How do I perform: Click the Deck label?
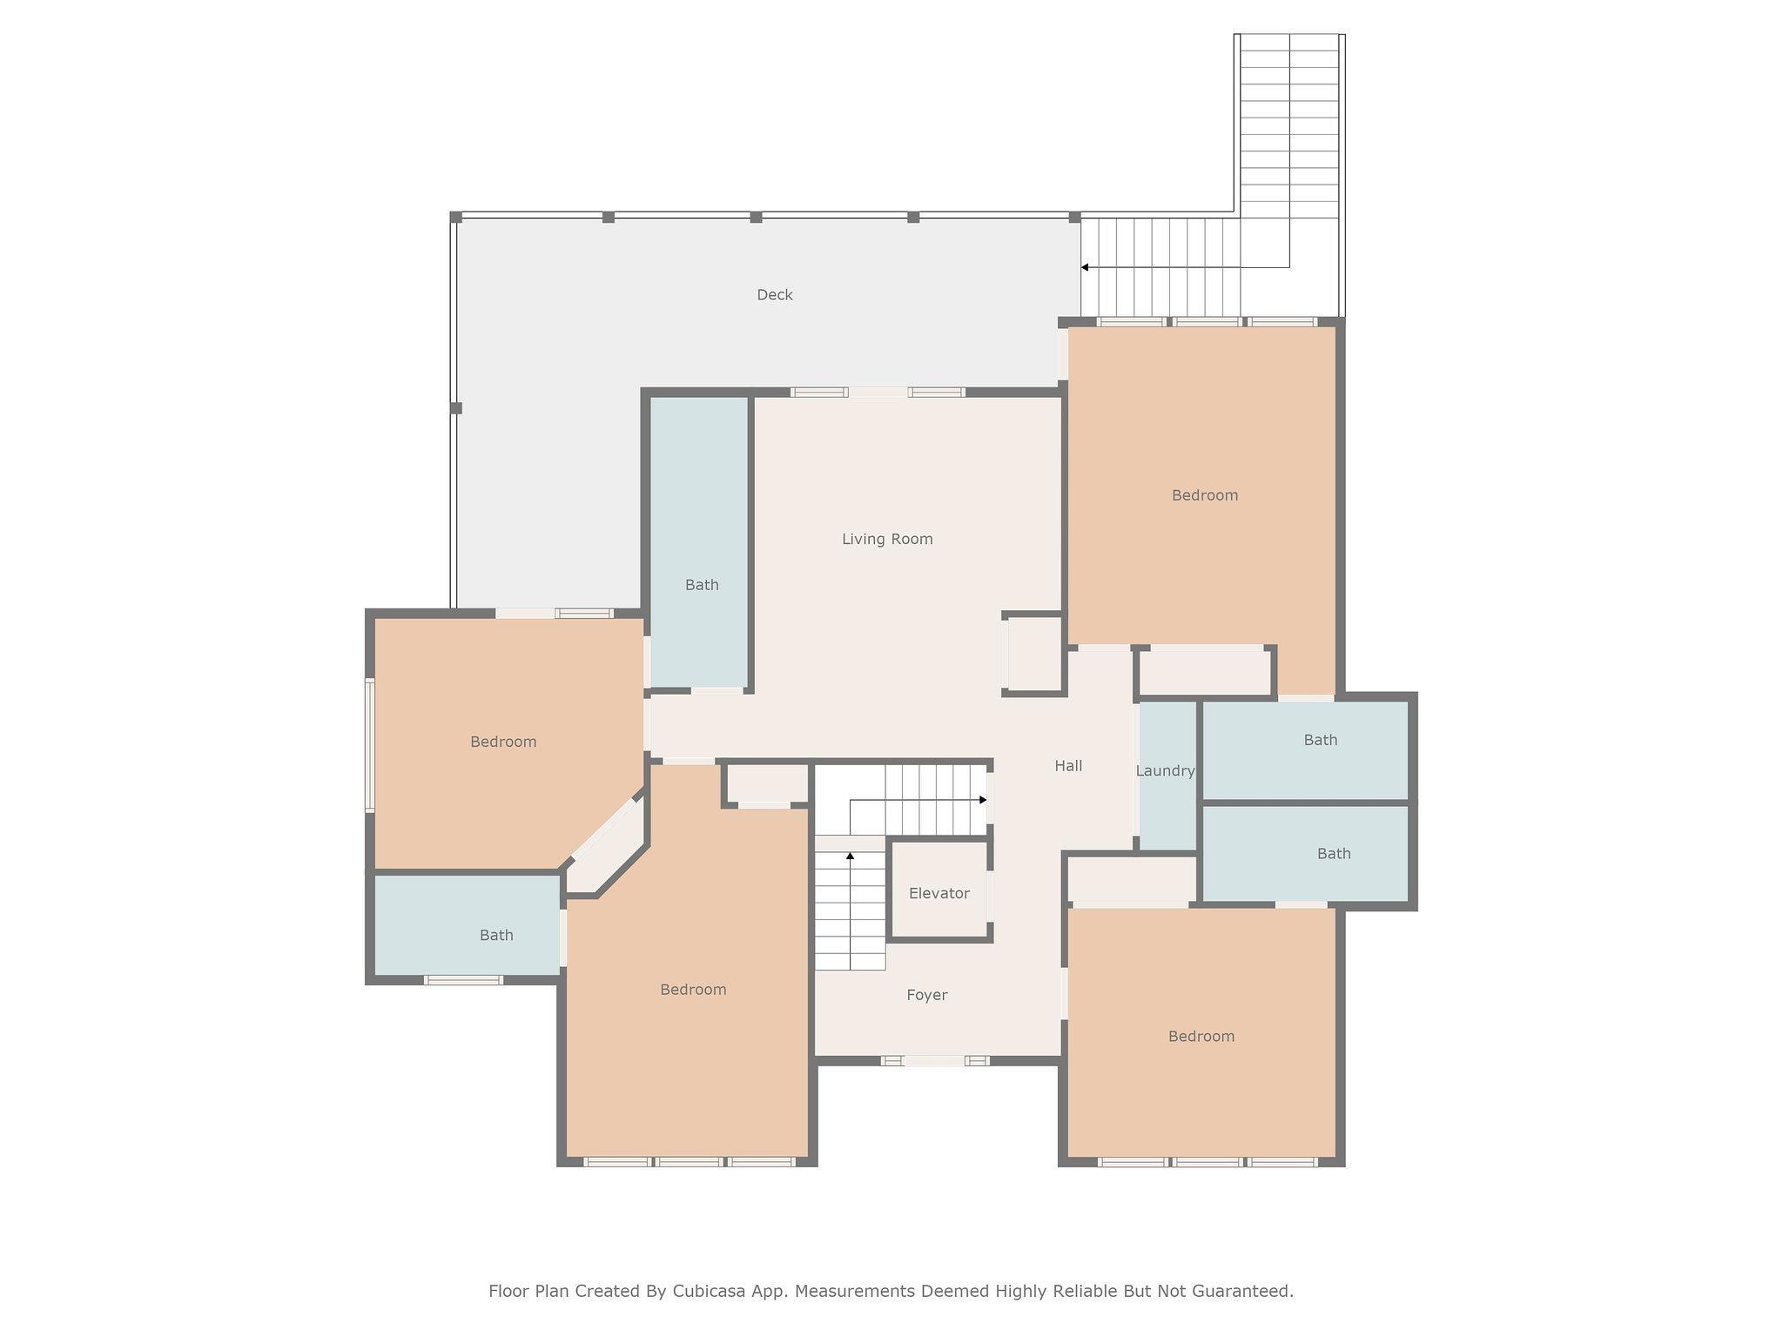coord(774,295)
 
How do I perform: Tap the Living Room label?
coord(887,540)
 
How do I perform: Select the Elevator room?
coord(939,890)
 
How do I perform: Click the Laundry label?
coord(1165,771)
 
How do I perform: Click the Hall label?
coord(1068,766)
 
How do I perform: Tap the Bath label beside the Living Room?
coord(702,585)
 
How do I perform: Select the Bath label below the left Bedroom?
coord(496,936)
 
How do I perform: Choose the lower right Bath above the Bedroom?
coord(1333,854)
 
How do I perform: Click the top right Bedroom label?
coord(1204,495)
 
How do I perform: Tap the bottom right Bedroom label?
coord(1201,1037)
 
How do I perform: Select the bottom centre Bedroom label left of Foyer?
coord(693,990)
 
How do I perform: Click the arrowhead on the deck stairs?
coord(1085,267)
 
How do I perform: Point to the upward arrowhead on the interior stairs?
coord(850,857)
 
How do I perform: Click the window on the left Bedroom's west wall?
coord(369,745)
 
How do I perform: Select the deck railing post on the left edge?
coord(455,407)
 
